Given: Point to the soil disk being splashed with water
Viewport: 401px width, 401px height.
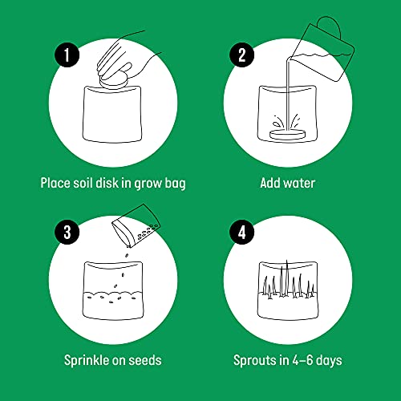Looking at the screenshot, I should (288, 136).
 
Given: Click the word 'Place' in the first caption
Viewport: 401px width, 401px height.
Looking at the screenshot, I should (56, 183).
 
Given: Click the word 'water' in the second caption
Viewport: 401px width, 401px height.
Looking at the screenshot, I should (298, 183).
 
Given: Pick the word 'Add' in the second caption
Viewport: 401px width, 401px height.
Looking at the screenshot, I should (270, 183).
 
